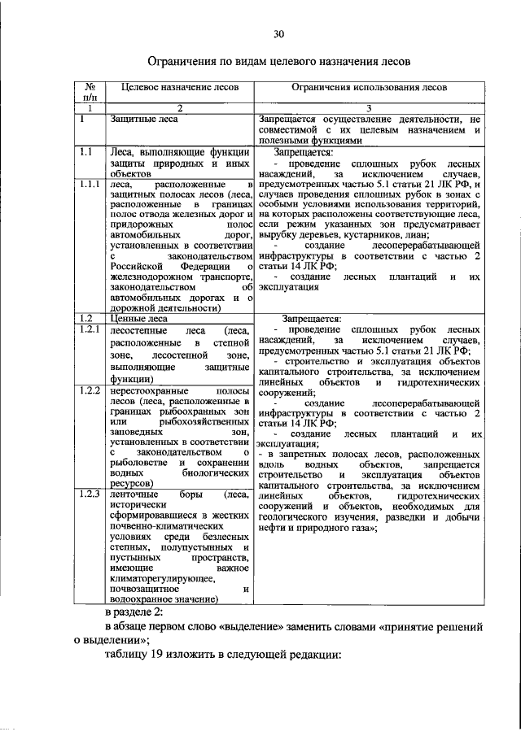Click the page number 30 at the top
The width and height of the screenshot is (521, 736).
click(x=278, y=33)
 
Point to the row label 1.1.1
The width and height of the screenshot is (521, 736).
click(x=89, y=185)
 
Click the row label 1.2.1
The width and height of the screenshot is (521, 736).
click(x=89, y=330)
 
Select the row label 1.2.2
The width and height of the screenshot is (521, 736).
click(x=89, y=391)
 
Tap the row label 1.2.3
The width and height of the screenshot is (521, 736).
click(x=89, y=494)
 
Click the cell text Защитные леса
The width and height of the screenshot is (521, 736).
click(x=144, y=120)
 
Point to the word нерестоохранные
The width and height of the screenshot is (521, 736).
click(x=147, y=391)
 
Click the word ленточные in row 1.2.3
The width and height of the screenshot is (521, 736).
click(x=135, y=494)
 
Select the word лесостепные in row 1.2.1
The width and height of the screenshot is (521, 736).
click(x=138, y=330)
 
